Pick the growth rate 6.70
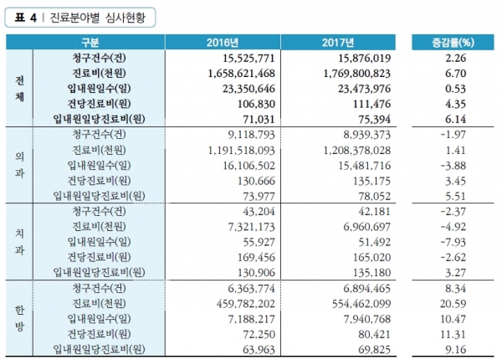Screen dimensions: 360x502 click(456, 73)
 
